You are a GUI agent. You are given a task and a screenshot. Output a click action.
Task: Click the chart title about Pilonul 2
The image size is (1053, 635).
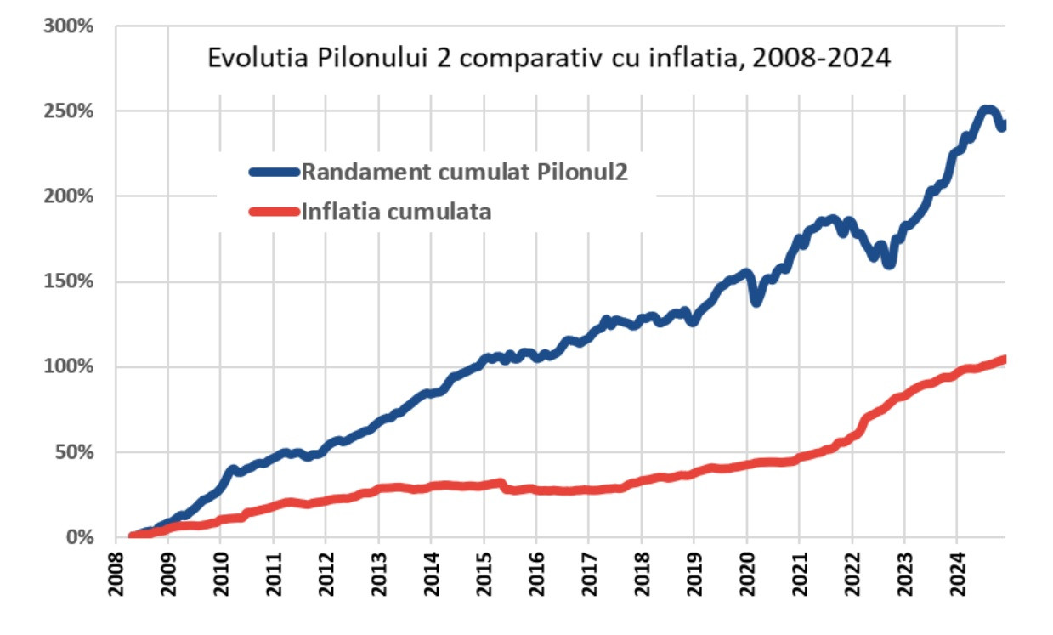[549, 60]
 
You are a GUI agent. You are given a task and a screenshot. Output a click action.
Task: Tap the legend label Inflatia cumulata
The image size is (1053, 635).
[396, 211]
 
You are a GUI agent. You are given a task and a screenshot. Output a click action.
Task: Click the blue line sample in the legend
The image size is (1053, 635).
[275, 171]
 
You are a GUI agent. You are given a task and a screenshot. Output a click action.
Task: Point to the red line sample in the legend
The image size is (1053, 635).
[275, 212]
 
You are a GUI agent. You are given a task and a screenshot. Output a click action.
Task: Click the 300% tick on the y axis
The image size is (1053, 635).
[68, 26]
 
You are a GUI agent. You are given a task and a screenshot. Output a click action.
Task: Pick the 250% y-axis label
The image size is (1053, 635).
[68, 111]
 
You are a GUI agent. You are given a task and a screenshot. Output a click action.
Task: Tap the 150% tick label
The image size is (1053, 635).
[68, 281]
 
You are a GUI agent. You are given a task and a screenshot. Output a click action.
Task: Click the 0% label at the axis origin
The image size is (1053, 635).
[78, 537]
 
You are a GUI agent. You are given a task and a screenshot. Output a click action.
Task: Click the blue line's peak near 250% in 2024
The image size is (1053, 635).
[987, 110]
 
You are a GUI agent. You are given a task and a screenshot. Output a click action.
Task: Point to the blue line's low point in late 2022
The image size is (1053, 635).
[889, 264]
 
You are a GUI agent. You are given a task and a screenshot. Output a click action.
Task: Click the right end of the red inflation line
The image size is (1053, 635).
[1003, 359]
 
